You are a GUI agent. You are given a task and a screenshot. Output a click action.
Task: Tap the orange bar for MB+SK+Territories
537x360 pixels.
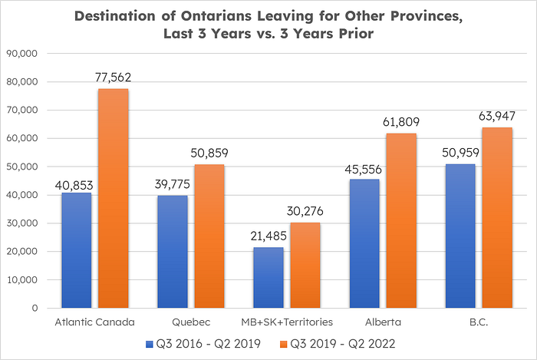point(306,265)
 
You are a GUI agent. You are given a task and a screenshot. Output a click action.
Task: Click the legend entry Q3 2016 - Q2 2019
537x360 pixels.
point(201,342)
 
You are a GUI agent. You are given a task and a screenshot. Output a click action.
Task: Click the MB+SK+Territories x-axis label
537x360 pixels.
point(286,322)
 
